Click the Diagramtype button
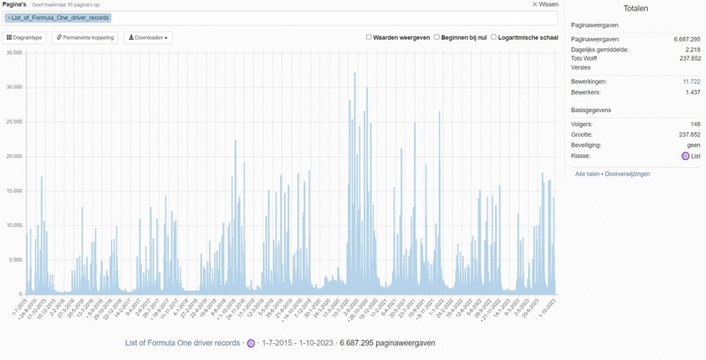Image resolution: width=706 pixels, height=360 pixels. click(25, 38)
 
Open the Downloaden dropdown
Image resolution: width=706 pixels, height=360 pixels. click(147, 38)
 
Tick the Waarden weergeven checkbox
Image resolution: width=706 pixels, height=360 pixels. click(369, 37)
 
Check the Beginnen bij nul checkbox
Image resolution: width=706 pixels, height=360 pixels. click(436, 37)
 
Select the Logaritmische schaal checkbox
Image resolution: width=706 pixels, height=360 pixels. click(493, 37)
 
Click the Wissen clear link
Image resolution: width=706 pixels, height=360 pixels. click(545, 4)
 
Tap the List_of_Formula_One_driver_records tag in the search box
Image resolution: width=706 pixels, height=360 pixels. click(58, 18)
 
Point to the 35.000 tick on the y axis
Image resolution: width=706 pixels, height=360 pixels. click(13, 53)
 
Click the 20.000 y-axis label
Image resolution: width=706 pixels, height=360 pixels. click(13, 156)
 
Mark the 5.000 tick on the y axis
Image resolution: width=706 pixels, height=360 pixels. click(15, 260)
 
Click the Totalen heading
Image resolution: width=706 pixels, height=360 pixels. click(635, 8)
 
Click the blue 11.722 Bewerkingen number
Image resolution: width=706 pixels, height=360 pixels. click(691, 81)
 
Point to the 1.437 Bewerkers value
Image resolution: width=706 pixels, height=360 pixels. click(692, 92)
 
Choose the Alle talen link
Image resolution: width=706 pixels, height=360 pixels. click(588, 174)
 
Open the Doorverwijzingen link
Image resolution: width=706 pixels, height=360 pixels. click(627, 174)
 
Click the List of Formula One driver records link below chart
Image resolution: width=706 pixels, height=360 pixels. click(183, 342)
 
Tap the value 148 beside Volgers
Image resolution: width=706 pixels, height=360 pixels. click(695, 124)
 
